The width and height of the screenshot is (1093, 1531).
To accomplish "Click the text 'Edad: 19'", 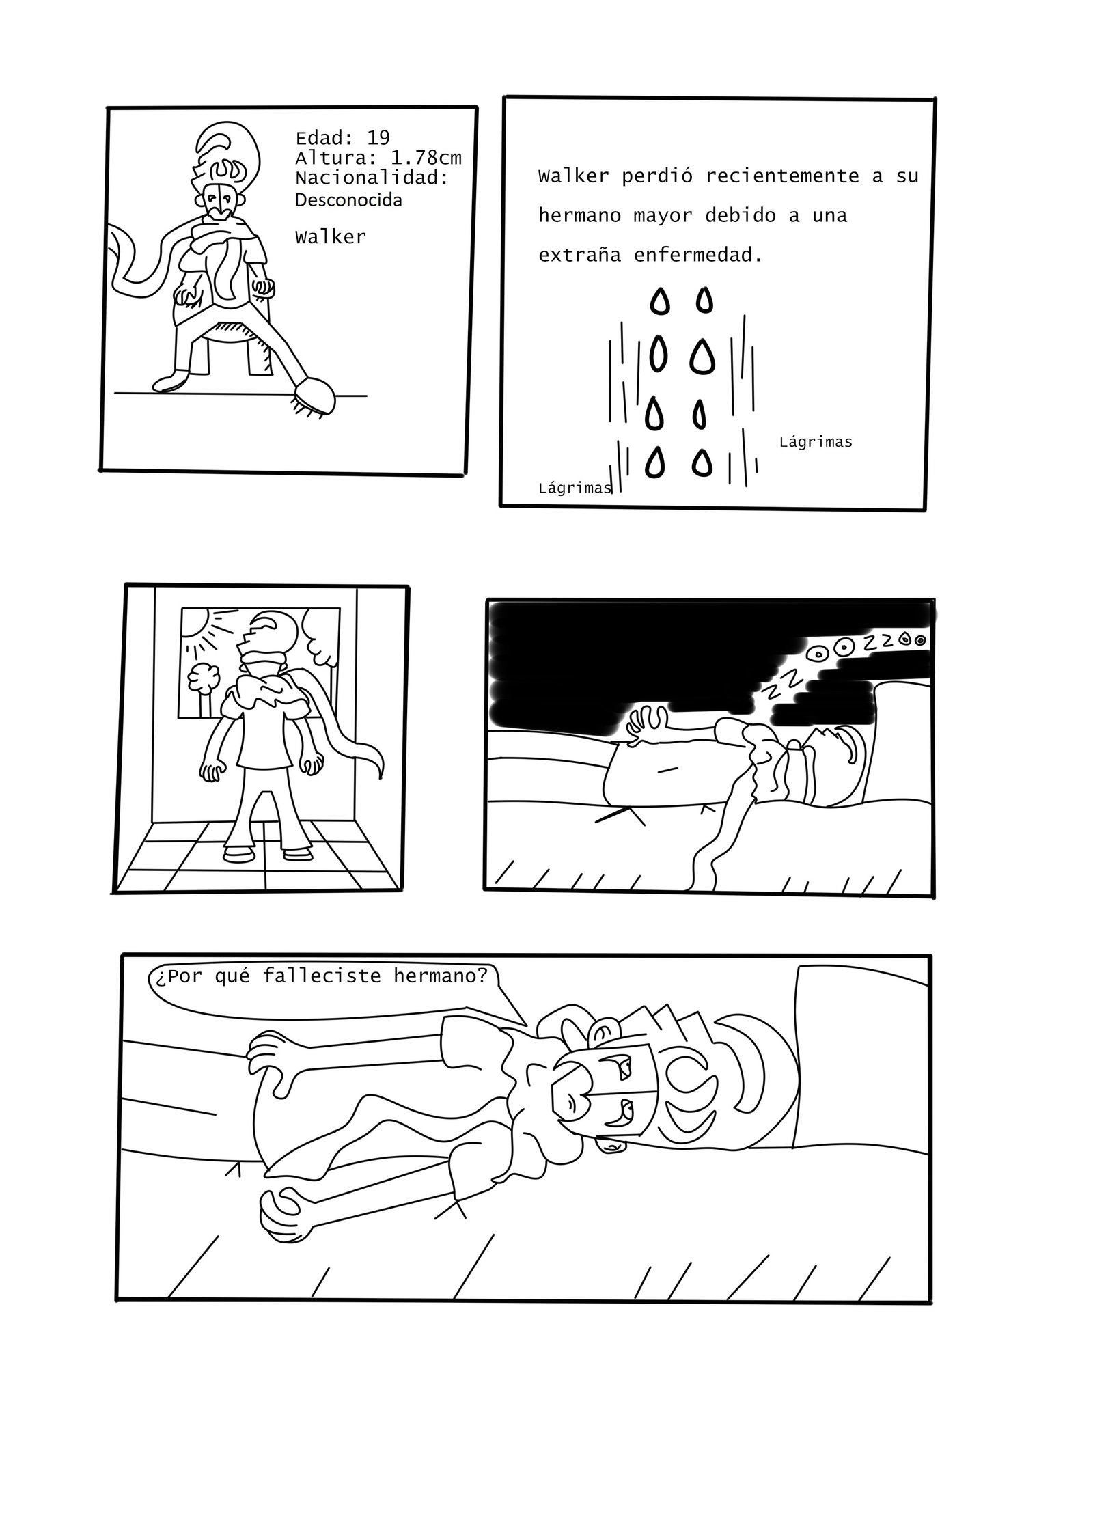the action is click(342, 138).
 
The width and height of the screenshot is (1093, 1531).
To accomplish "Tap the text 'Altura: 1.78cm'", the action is click(378, 158).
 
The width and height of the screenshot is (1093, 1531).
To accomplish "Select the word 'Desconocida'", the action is click(348, 200).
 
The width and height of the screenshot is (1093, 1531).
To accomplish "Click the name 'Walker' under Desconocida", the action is click(331, 237).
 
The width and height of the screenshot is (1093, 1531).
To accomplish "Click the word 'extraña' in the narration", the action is click(579, 256).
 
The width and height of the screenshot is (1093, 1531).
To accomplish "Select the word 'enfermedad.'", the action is click(697, 256).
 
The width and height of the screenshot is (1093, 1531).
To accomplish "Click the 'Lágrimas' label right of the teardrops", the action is click(815, 443).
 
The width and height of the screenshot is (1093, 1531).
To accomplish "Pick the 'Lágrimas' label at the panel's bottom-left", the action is click(575, 488).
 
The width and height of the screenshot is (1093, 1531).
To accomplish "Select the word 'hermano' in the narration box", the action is click(579, 216).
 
